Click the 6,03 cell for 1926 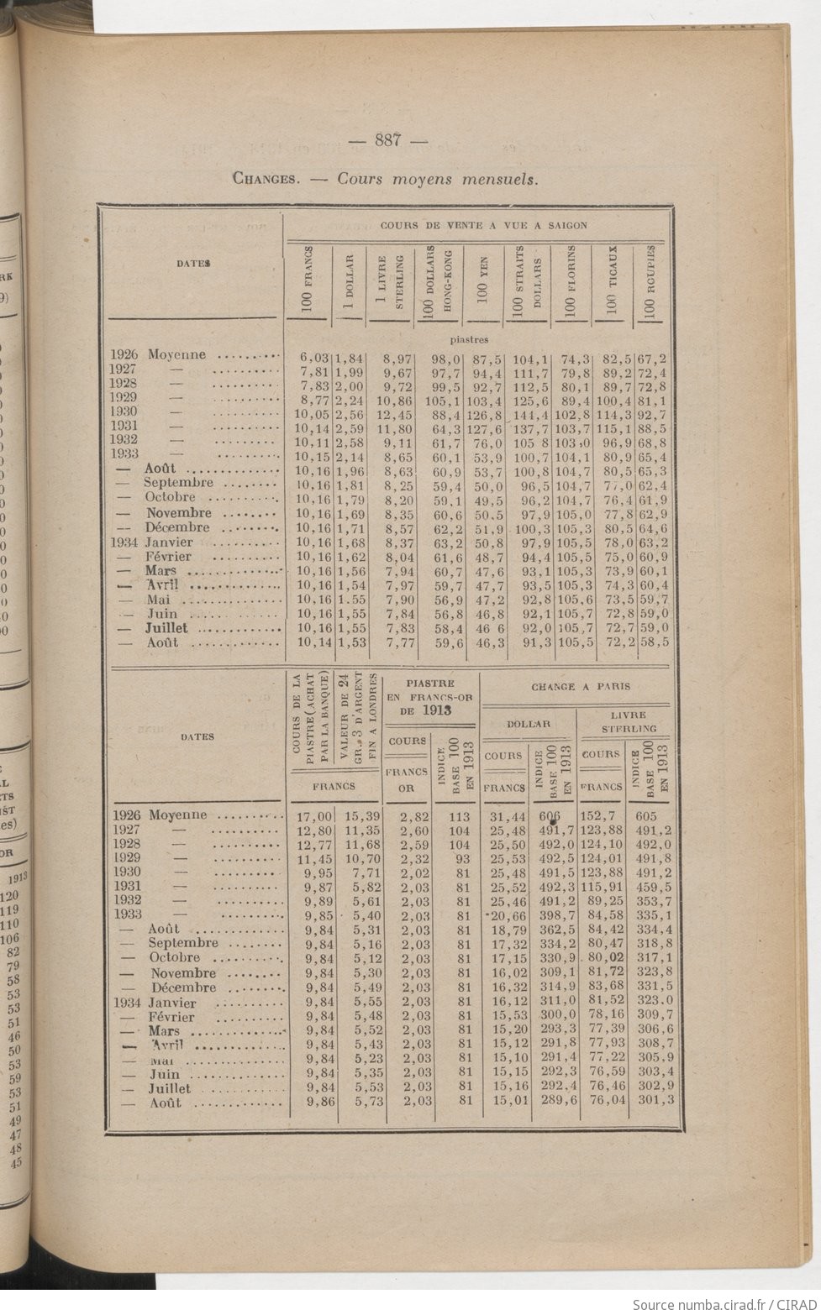[x=313, y=355]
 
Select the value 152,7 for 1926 [x=598, y=815]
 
